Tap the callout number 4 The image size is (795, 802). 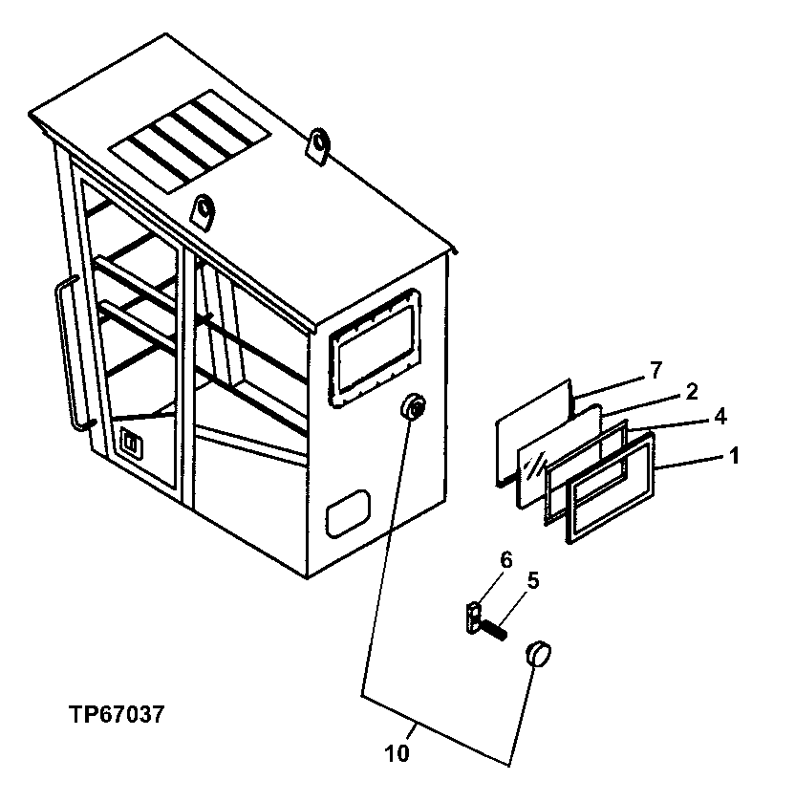click(x=719, y=416)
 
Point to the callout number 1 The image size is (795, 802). click(x=734, y=457)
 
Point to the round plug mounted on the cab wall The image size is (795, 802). click(x=414, y=409)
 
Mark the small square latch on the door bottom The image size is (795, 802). click(x=131, y=444)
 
